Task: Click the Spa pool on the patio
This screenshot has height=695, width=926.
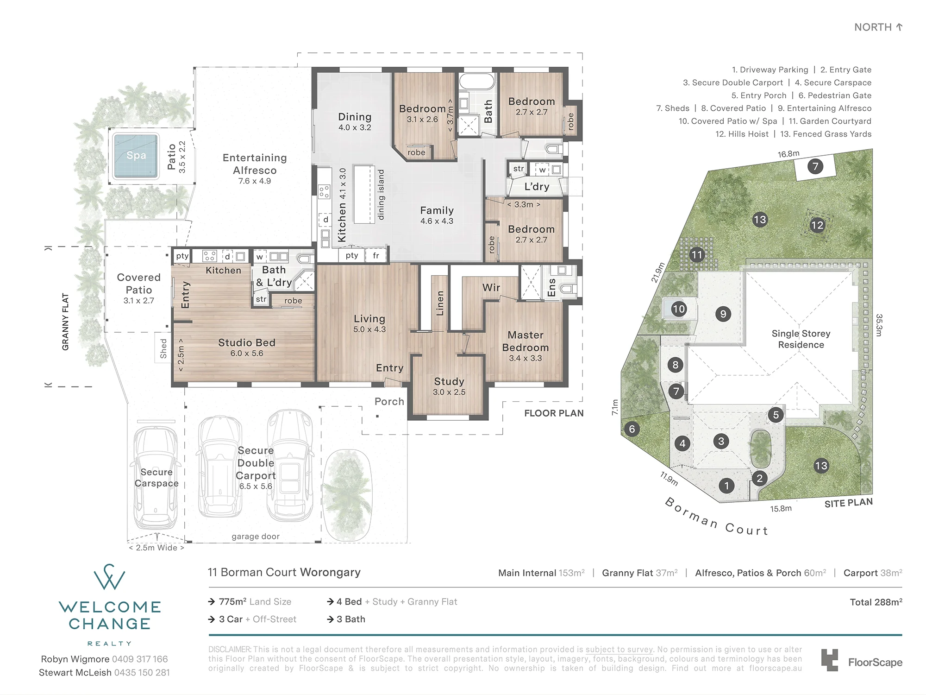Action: [136, 156]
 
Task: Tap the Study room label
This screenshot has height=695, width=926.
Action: [449, 381]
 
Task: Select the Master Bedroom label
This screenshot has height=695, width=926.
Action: [526, 341]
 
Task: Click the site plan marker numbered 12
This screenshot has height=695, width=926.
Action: [817, 226]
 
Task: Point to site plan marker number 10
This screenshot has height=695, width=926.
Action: [679, 309]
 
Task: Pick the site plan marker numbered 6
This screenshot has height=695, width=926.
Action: [632, 429]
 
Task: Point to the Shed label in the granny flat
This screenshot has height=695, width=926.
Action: [163, 348]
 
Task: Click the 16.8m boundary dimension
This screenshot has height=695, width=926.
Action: [788, 154]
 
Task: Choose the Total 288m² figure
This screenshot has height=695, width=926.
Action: [876, 602]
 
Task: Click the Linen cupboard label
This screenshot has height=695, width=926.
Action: [440, 303]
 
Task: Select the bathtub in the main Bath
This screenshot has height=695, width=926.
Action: [477, 82]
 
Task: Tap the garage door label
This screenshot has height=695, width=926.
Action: [256, 537]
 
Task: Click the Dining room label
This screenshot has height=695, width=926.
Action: [355, 117]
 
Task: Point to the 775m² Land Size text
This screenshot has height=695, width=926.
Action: [255, 602]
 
